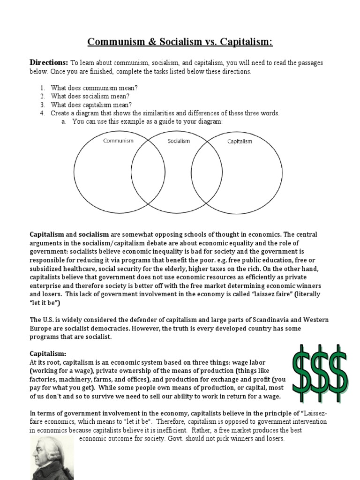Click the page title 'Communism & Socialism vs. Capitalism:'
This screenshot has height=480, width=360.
coord(180,43)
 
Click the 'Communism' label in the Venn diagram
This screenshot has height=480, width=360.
coord(118,140)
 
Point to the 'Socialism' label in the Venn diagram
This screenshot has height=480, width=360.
coord(179,141)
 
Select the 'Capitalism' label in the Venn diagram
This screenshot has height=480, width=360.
coord(240,141)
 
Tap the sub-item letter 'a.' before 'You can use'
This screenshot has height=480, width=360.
coord(62,121)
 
